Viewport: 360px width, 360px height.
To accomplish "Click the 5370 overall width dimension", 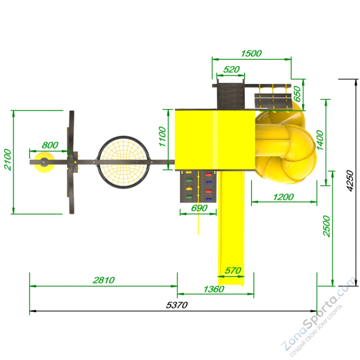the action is (177, 305).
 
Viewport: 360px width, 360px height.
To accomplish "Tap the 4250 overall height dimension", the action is (350, 181).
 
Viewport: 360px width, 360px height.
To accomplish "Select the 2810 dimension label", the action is (103, 280).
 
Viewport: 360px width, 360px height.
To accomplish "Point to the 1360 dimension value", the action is (214, 289).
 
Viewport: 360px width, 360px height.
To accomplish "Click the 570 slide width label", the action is (233, 271).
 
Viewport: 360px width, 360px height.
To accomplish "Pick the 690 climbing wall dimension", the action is (200, 208).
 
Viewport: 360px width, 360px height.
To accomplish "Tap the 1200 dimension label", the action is (283, 197).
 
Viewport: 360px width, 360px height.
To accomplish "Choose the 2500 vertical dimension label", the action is (326, 226).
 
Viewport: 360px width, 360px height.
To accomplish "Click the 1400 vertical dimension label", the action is (319, 140).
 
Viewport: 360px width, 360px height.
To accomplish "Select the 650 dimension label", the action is (297, 94).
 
